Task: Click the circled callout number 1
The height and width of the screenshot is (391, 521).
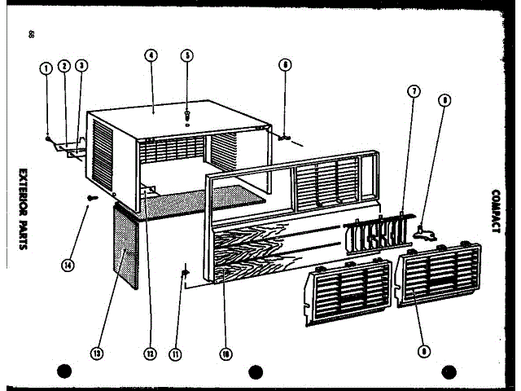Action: [x=47, y=68]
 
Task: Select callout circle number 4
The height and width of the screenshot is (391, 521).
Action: [x=151, y=56]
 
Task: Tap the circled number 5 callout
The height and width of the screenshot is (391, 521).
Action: [x=188, y=56]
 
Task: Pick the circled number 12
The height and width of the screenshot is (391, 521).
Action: [x=150, y=354]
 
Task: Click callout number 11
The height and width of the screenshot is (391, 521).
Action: [x=175, y=354]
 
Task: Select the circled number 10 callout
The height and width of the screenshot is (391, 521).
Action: [x=225, y=354]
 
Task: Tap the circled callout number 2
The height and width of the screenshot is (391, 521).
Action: [x=64, y=68]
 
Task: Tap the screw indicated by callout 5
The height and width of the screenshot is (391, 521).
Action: [x=188, y=114]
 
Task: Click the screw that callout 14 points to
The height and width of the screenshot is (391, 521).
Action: [x=91, y=196]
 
